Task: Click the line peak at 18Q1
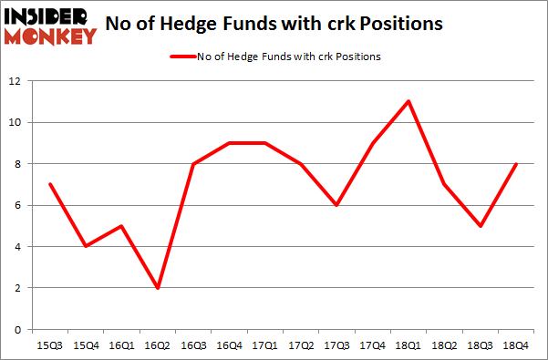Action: [x=408, y=101]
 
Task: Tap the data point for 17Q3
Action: [x=336, y=205]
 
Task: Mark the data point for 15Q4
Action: [x=85, y=246]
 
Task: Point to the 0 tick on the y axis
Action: [x=17, y=329]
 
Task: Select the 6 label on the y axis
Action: [x=17, y=205]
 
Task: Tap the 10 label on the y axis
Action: [x=15, y=122]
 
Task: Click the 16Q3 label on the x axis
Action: [x=194, y=346]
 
